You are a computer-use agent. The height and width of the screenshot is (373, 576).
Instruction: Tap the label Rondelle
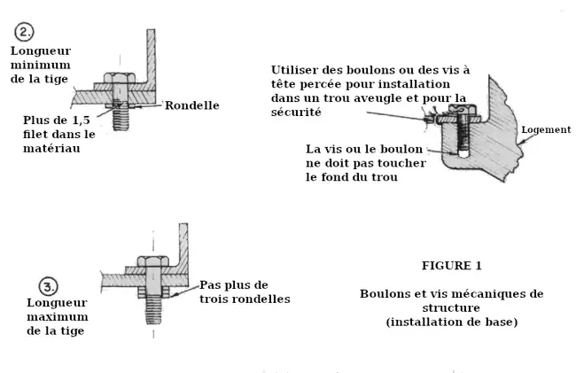191,105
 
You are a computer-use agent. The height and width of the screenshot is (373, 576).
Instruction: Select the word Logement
546,129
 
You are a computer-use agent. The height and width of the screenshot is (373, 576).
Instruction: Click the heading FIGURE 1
451,265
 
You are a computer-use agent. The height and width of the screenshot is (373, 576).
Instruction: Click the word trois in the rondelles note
218,299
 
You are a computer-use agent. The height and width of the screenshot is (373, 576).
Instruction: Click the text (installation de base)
451,322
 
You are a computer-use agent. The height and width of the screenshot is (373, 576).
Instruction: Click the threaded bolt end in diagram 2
120,119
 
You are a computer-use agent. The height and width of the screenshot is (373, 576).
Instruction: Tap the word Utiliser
299,68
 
